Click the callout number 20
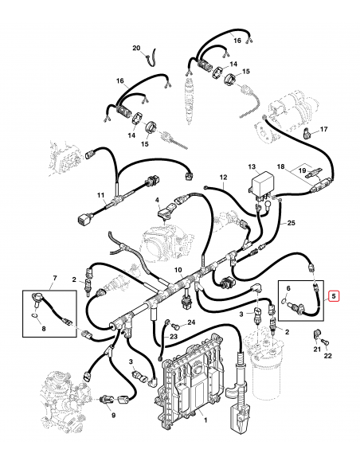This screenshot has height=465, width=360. (135, 48)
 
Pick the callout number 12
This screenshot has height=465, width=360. (224, 177)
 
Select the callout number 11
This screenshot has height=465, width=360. (100, 195)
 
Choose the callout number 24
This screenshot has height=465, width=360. (191, 322)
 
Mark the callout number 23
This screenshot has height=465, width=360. (174, 338)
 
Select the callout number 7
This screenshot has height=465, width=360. (55, 278)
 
